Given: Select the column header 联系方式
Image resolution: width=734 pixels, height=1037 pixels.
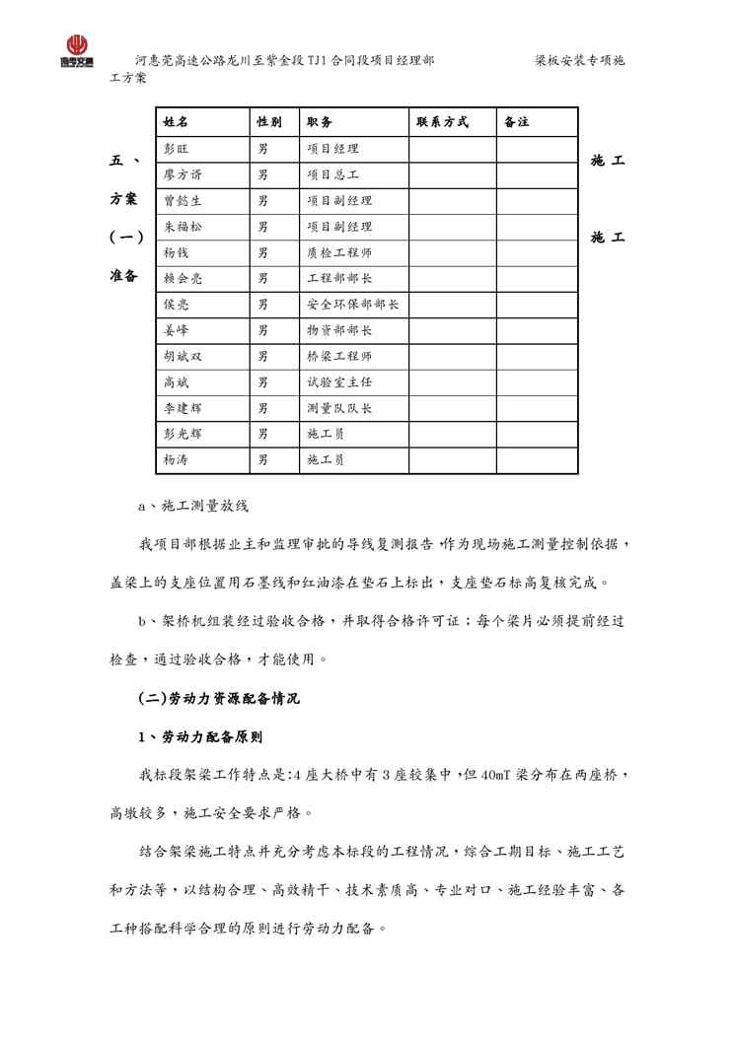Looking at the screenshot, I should coord(442,122).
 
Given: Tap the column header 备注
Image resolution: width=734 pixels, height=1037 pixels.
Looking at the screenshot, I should coord(516,122).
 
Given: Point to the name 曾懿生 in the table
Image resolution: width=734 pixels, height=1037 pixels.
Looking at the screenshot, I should coord(183,200).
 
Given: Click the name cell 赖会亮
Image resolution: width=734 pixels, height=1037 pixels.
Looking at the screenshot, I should coord(183,278).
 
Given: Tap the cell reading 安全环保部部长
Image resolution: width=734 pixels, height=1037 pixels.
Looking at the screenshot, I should coord(353,305).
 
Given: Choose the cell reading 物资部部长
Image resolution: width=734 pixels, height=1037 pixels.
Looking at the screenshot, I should coord(339,330).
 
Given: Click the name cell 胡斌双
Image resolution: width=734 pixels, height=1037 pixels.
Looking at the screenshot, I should coord(183,356).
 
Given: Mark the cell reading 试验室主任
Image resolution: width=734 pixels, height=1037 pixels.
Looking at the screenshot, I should coord(339,381).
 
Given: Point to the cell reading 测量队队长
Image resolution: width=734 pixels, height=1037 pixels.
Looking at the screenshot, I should coord(339,407).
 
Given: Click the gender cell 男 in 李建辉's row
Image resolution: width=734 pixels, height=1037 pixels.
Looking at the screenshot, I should coord(263,407).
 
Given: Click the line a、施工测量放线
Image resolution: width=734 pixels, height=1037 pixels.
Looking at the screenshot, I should coord(193,507).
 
